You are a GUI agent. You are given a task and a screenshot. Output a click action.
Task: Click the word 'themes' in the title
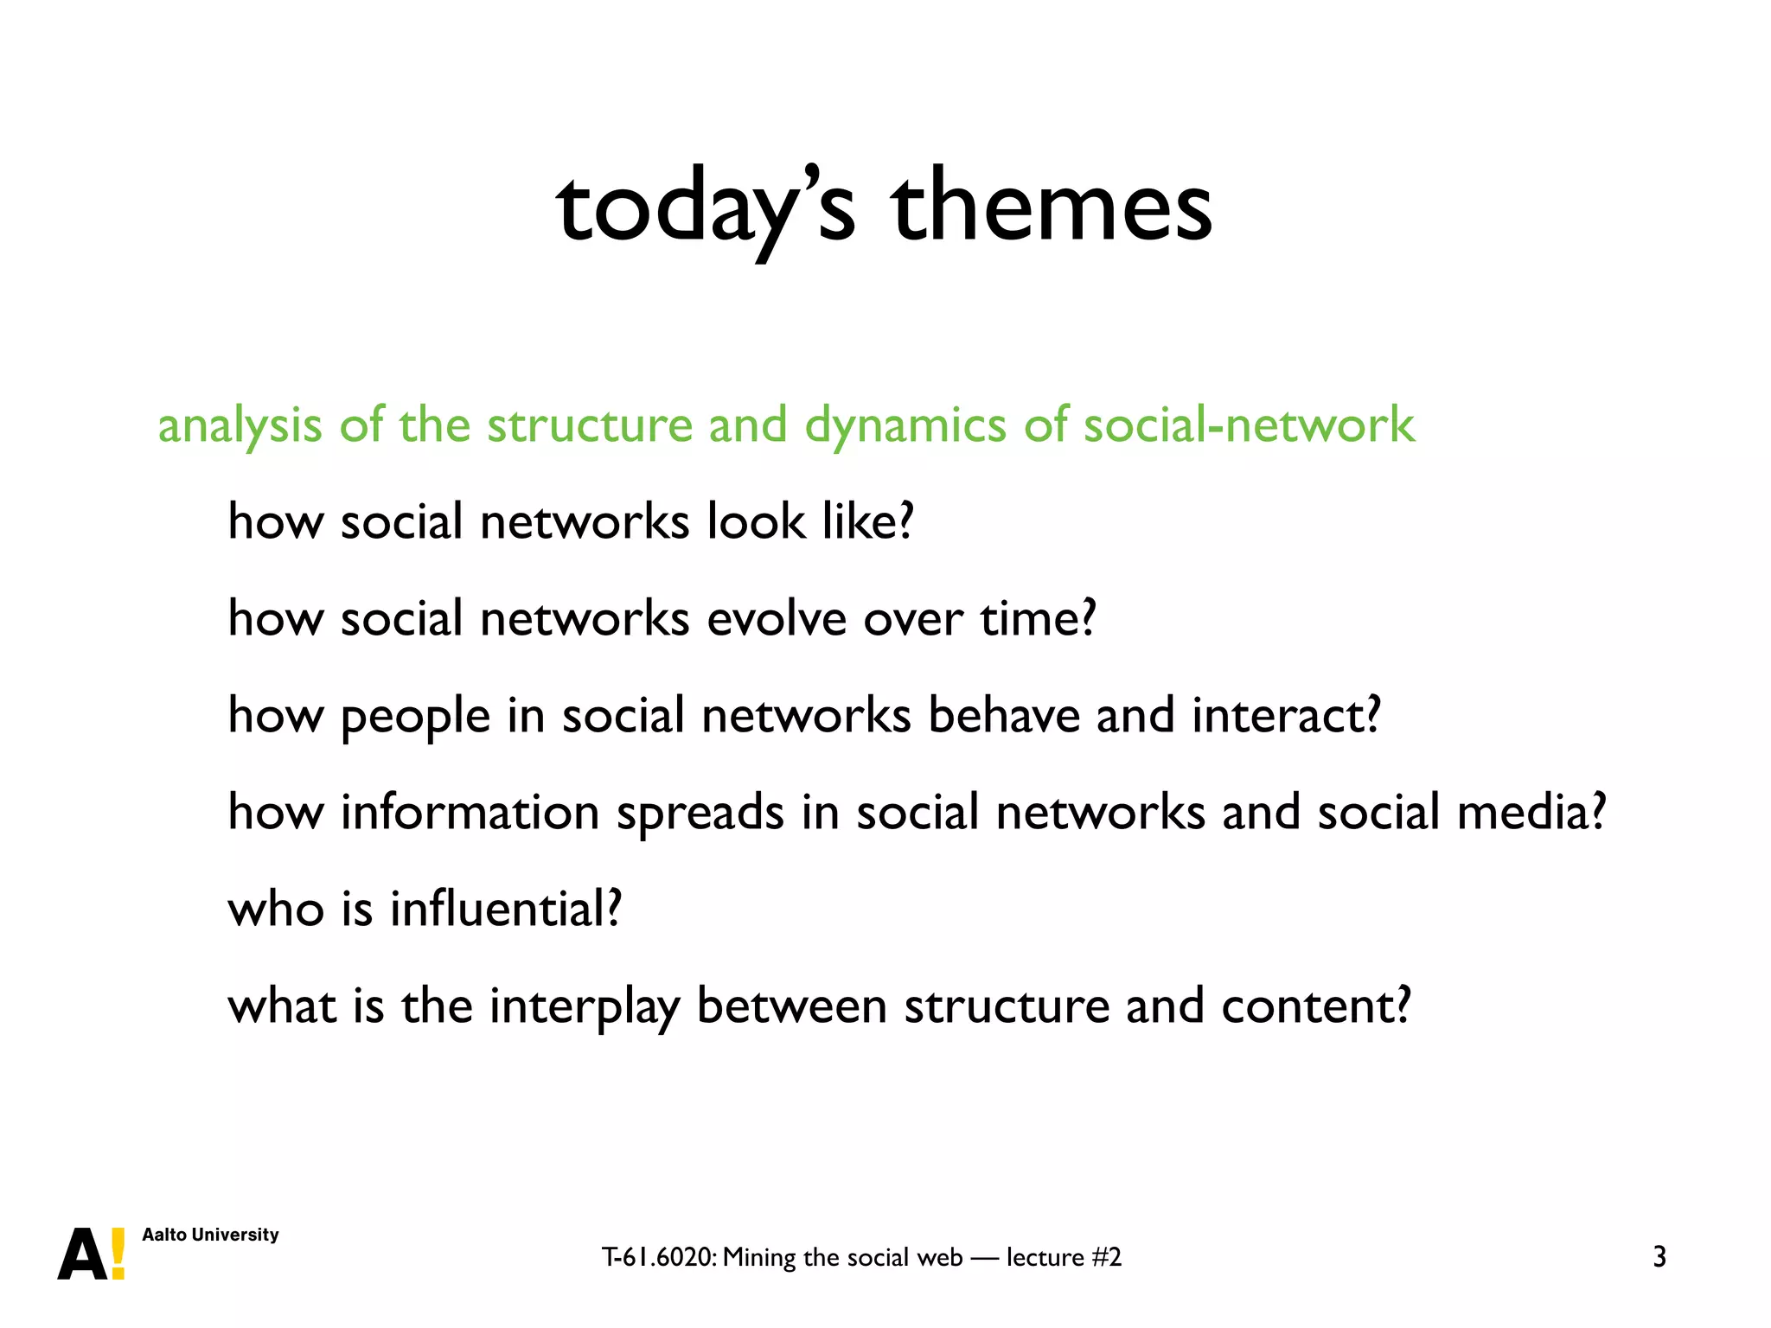[x=1051, y=207]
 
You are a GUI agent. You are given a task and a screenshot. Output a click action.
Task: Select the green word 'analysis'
[x=240, y=426]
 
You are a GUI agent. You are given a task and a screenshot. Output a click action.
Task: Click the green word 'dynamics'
[x=905, y=426]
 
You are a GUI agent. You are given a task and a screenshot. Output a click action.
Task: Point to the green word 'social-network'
[x=1249, y=425]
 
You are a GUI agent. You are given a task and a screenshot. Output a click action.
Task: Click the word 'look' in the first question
[x=755, y=522]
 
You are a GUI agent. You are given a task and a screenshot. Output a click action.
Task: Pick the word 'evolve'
[x=776, y=619]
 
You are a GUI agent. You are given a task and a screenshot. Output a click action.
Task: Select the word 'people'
[x=415, y=718]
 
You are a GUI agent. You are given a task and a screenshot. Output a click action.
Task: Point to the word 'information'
[x=470, y=813]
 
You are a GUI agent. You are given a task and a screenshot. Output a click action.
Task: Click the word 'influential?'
[x=506, y=910]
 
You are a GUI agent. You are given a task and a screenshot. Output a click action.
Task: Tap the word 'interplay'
[x=584, y=1008]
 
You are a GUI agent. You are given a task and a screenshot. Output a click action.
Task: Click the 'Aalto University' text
[x=210, y=1235]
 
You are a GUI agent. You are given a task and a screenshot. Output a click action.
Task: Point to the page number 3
[x=1659, y=1257]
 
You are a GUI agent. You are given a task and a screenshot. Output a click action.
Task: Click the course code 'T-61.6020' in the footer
[x=658, y=1257]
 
